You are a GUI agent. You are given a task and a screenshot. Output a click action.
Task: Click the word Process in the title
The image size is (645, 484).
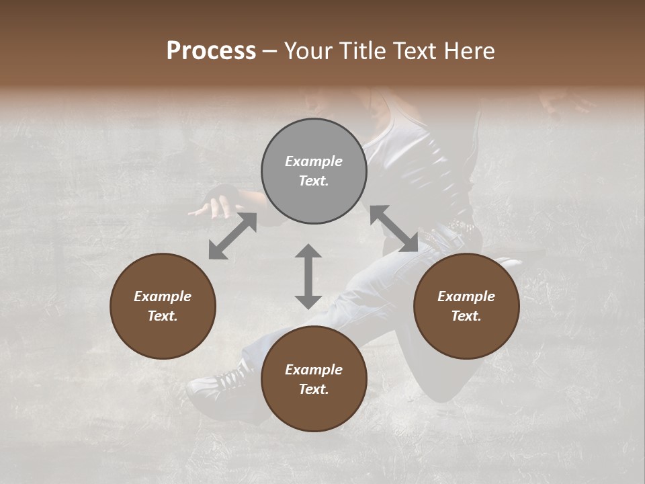pyautogui.click(x=211, y=51)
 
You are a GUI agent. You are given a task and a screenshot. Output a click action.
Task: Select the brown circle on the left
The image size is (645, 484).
pyautogui.click(x=163, y=306)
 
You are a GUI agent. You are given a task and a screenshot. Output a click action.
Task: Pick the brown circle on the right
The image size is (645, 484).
pyautogui.click(x=466, y=306)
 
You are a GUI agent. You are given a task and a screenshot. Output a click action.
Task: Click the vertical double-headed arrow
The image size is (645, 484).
pyautogui.click(x=308, y=276)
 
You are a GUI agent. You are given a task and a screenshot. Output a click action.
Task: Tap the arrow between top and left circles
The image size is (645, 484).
pyautogui.click(x=232, y=236)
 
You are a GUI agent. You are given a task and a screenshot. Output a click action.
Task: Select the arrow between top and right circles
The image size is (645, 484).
pyautogui.click(x=394, y=229)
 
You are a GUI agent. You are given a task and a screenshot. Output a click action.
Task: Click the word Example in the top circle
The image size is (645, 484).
pyautogui.click(x=314, y=161)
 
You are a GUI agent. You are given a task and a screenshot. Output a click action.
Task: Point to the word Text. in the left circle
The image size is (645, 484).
pyautogui.click(x=163, y=316)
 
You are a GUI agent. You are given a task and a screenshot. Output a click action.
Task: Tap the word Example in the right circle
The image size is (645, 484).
pyautogui.click(x=466, y=296)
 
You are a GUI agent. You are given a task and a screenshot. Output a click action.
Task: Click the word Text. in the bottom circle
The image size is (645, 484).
pyautogui.click(x=314, y=389)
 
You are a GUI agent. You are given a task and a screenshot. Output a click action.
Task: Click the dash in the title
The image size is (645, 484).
pyautogui.click(x=270, y=51)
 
